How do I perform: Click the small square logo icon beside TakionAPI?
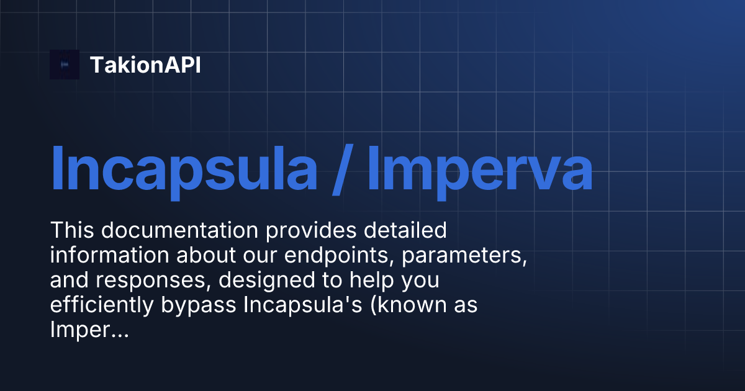(x=65, y=65)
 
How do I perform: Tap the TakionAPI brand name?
(x=145, y=65)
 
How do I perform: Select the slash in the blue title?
(x=341, y=168)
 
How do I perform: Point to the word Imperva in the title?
(x=479, y=168)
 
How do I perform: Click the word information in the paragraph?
(x=104, y=256)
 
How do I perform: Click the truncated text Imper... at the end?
(x=89, y=330)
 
